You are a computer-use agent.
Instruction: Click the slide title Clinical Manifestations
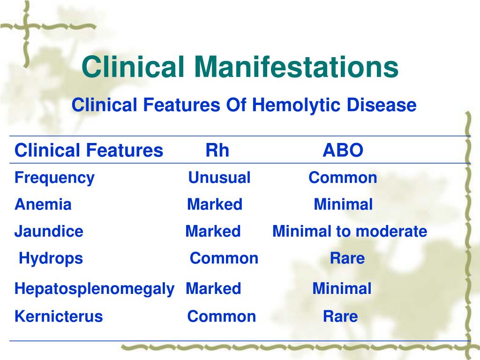pos(240,67)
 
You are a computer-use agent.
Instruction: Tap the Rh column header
pos(217,150)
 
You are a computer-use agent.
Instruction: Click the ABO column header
pos(343,150)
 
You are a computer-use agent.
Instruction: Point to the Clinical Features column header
pos(89,150)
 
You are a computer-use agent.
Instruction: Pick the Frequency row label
pos(54,178)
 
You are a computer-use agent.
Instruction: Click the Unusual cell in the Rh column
pos(219,178)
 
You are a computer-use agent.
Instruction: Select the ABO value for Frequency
pos(343,178)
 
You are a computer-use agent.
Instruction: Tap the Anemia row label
pos(43,204)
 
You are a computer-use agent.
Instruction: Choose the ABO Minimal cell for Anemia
pos(343,204)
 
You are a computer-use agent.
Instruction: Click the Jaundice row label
pos(49,231)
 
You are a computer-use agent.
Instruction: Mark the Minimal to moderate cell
pos(350,231)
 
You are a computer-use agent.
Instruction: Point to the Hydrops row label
pos(51,259)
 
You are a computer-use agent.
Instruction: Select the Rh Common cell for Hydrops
pos(224,258)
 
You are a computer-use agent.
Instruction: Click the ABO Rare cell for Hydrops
pos(347,258)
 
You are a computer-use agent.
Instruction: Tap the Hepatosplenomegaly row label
pos(94,289)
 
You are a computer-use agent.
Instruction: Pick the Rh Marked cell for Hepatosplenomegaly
pos(213,288)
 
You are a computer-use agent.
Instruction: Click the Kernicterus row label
pos(59,316)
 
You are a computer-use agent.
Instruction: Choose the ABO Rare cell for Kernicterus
pos(340,316)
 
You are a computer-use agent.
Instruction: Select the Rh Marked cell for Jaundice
pos(213,231)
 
